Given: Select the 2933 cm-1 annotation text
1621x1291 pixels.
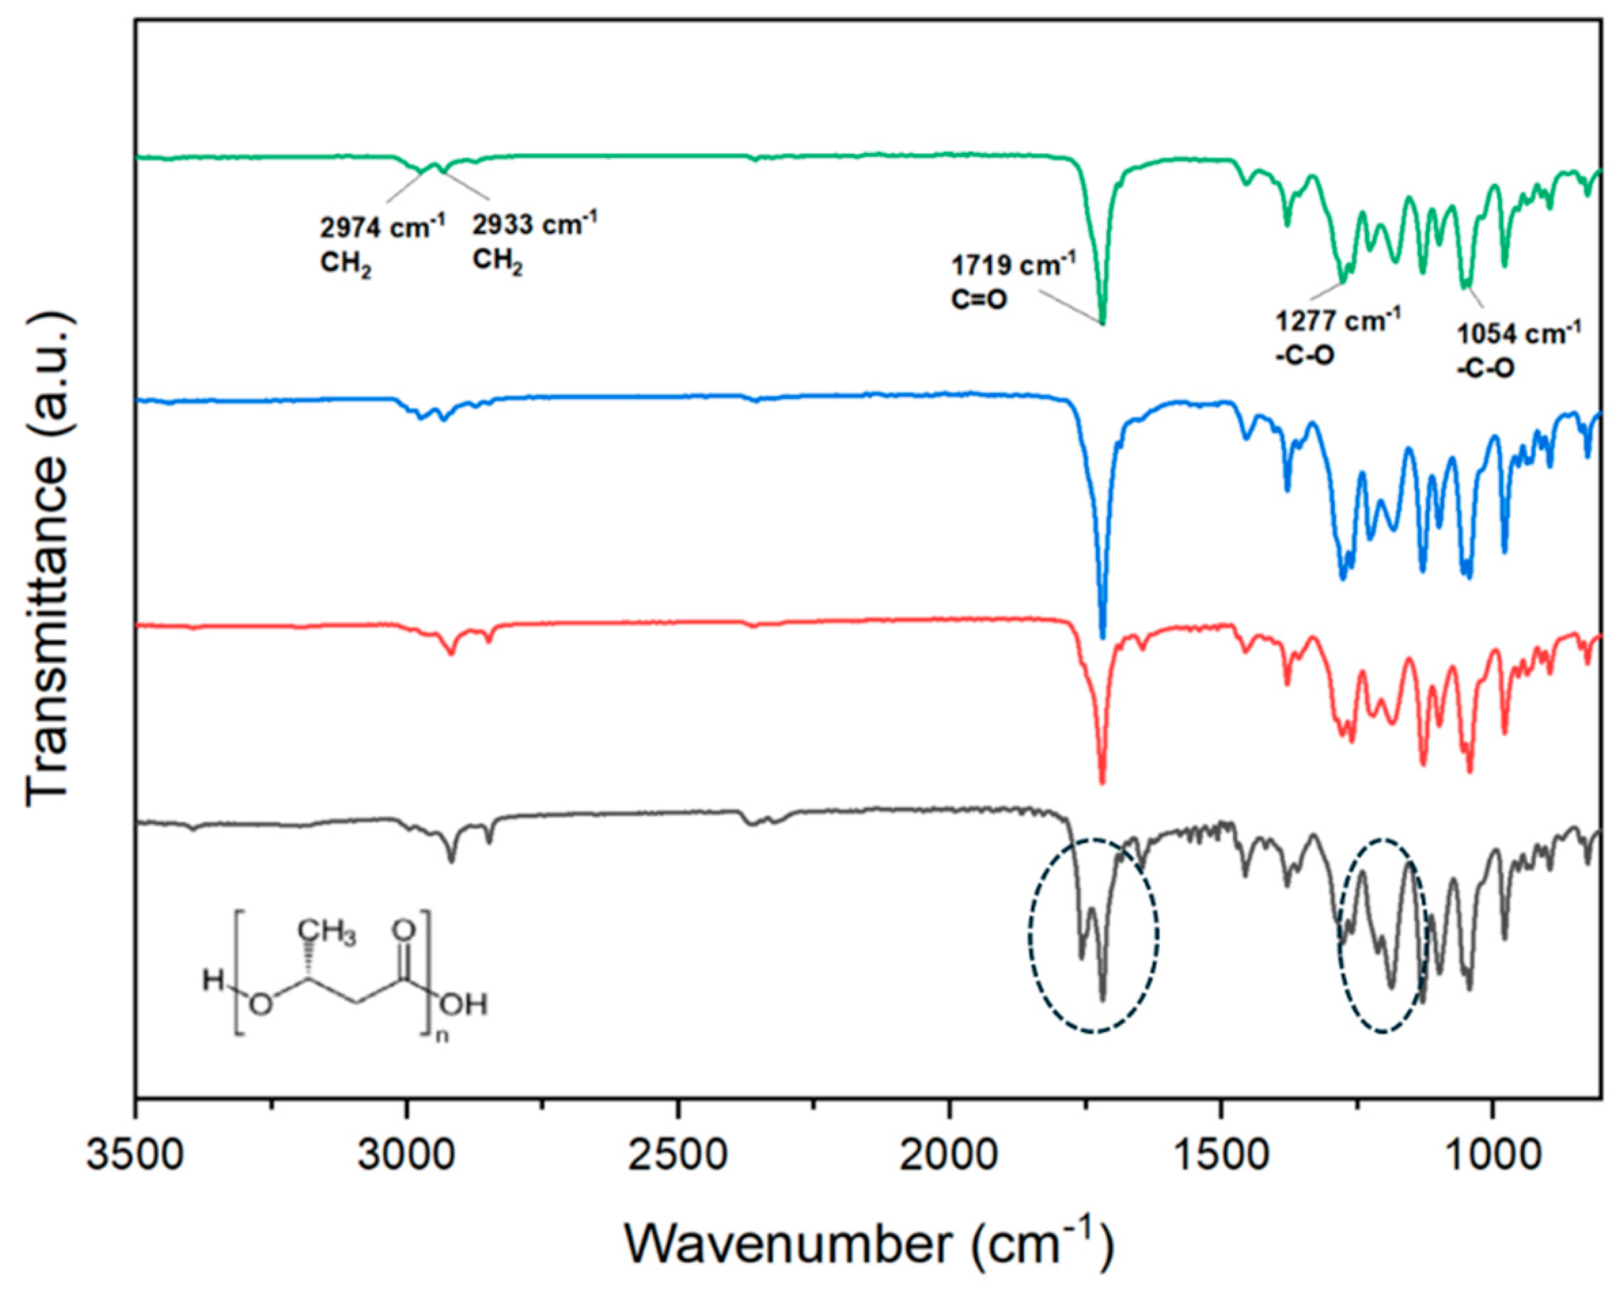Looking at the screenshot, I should (x=534, y=223).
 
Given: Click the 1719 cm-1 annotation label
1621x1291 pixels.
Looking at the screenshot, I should (x=1013, y=266).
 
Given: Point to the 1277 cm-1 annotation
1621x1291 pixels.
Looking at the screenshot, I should (x=1338, y=321).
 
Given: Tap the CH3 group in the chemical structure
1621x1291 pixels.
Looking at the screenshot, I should (x=326, y=934).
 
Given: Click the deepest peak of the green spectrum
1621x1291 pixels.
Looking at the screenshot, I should (x=1102, y=322).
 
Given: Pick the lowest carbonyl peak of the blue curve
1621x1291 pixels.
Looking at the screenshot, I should (x=1102, y=636).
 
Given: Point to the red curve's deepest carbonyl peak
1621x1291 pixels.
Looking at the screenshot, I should (x=1102, y=782).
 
